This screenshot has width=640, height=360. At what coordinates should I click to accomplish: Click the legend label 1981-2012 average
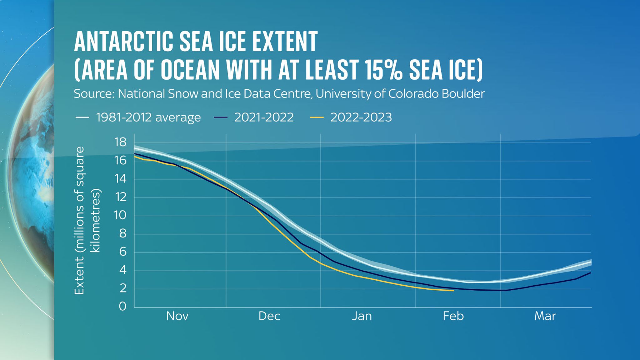coord(148,117)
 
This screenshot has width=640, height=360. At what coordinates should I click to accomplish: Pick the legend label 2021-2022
coord(264,117)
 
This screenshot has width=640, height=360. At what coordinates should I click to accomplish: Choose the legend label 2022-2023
coord(361,117)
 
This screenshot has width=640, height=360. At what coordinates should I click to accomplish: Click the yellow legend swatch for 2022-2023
coord(317,118)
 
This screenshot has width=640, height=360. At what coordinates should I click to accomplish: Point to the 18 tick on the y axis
coord(120,142)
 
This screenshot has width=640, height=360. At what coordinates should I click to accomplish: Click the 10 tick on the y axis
coord(120,215)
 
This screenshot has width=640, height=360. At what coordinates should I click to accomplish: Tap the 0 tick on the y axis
coord(122,306)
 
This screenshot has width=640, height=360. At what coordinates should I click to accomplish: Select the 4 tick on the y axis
coord(122,270)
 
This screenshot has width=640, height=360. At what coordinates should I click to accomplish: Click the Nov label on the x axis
coord(177,316)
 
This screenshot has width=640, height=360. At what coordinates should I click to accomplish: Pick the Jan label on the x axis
coord(362,316)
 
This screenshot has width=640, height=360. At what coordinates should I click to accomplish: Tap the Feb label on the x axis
coord(453,316)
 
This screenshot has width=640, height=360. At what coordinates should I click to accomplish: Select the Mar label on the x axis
coord(545,316)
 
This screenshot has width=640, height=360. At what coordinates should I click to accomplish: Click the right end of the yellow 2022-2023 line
coord(453,291)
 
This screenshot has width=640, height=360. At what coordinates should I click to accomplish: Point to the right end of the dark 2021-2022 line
coord(590,273)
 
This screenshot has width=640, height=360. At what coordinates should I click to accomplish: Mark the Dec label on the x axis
coord(269,316)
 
